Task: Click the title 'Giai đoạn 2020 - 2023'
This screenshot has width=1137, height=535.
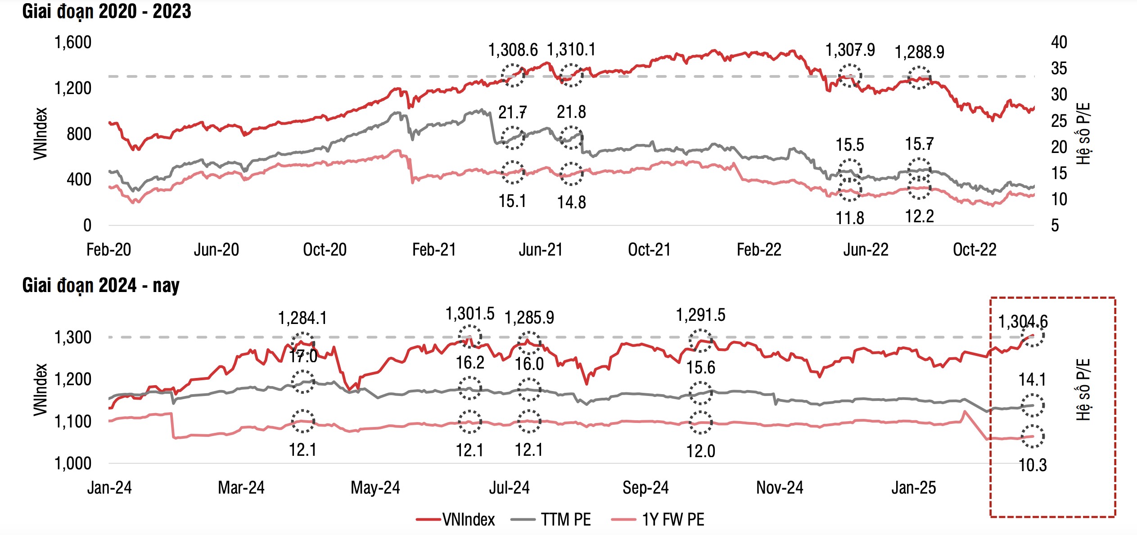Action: pyautogui.click(x=107, y=12)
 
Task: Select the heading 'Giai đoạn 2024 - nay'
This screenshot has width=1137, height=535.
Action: pyautogui.click(x=101, y=286)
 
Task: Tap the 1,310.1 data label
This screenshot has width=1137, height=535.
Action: pyautogui.click(x=571, y=49)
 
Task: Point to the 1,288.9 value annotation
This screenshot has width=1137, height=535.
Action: pyautogui.click(x=919, y=52)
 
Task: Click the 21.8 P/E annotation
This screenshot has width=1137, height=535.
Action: pyautogui.click(x=571, y=112)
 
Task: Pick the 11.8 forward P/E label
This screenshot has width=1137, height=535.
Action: pyautogui.click(x=850, y=218)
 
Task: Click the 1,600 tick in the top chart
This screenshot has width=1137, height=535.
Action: pyautogui.click(x=73, y=42)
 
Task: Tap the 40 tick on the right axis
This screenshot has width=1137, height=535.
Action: pyautogui.click(x=1059, y=42)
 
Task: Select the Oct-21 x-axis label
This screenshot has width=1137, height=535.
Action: pyautogui.click(x=649, y=250)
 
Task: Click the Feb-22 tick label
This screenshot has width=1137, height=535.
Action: pyautogui.click(x=759, y=250)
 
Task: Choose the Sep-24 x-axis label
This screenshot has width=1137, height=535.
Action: pyautogui.click(x=645, y=488)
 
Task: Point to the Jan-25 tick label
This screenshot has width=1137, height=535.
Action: pyautogui.click(x=914, y=488)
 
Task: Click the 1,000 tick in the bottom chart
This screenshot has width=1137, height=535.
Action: pyautogui.click(x=73, y=463)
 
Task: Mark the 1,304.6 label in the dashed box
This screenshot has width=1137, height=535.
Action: pyautogui.click(x=1023, y=322)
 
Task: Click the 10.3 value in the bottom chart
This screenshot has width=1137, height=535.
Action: pyautogui.click(x=1033, y=465)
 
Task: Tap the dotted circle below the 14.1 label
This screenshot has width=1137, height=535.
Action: pyautogui.click(x=1032, y=405)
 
